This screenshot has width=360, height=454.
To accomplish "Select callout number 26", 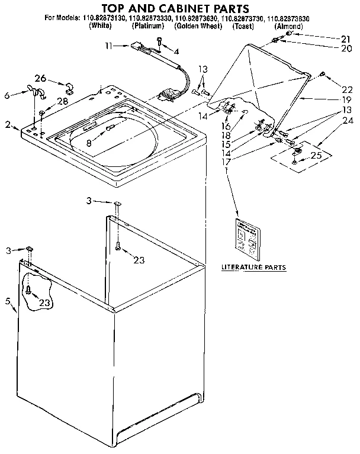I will [40, 78].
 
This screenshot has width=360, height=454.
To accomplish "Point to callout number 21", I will [346, 38].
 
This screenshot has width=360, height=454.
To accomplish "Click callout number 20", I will [346, 49].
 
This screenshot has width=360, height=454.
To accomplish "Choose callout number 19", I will [346, 101].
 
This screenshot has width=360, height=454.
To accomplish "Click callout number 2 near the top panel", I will [8, 124].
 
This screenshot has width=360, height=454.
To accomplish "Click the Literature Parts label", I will [253, 268].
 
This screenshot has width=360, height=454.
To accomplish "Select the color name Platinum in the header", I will [149, 27].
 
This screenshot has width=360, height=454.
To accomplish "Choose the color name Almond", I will [288, 27].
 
